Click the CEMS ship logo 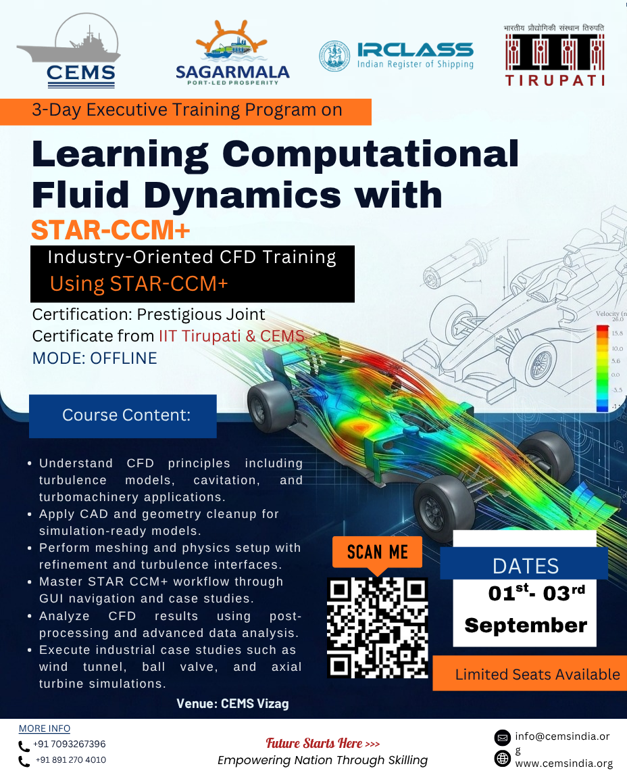[69, 51]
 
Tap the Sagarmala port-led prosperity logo [232, 53]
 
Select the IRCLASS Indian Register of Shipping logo [396, 55]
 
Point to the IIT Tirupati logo [555, 55]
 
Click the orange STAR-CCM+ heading [111, 230]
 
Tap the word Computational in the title [370, 154]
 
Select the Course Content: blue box [122, 416]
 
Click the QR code [378, 628]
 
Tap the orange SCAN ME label [377, 552]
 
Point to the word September [526, 625]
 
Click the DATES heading [525, 566]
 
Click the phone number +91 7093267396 [69, 744]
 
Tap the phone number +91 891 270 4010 [70, 759]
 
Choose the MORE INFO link [44, 728]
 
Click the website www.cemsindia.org [563, 763]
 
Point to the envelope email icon [503, 738]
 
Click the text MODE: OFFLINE [95, 358]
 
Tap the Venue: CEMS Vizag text [232, 703]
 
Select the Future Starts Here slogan [323, 743]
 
